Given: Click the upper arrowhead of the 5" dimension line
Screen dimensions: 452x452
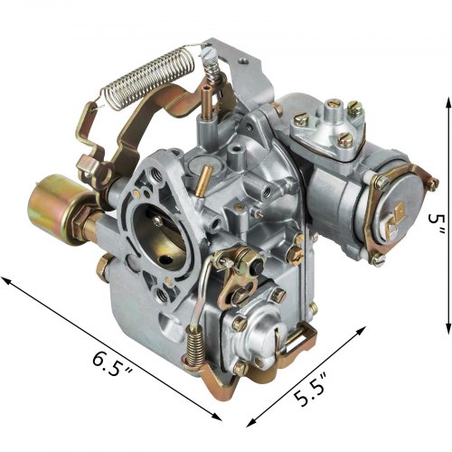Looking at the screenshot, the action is [x=448, y=104].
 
